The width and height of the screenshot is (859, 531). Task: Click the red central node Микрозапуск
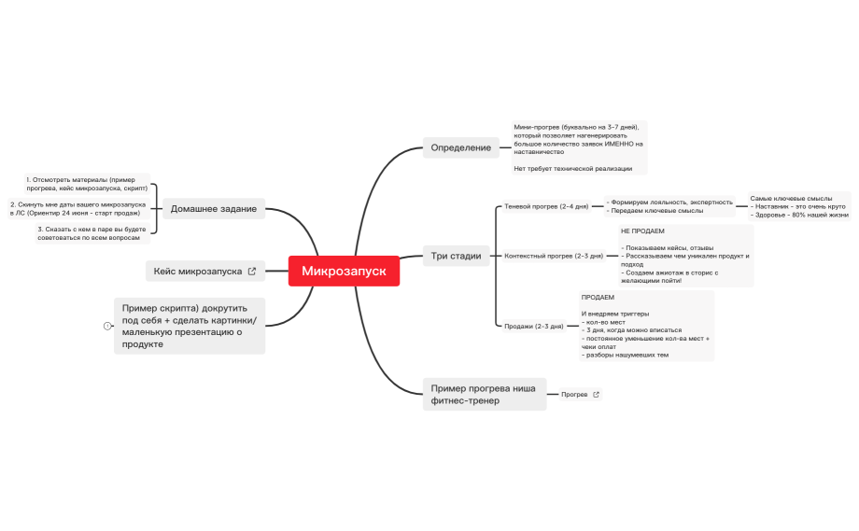344,271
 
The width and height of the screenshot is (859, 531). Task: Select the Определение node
460,147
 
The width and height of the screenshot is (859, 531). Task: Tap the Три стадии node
456,256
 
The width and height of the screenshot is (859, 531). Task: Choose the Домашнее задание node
214,208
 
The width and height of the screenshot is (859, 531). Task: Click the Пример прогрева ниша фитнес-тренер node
485,394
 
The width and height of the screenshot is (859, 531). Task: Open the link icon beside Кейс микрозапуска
252,271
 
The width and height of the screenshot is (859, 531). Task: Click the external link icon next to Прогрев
596,394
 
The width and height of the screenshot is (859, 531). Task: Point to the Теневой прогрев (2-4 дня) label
546,206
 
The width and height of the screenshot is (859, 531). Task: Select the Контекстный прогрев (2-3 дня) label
554,256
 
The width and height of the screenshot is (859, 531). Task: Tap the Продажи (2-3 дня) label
533,327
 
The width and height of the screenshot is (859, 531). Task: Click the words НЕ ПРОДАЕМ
642,231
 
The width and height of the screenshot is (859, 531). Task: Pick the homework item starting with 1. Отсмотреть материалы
87,184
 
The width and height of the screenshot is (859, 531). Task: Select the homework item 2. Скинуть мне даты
78,208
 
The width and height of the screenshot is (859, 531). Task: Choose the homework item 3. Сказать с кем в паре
92,233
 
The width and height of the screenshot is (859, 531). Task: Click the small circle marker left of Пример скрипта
107,326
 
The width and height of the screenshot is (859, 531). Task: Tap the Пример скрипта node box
190,326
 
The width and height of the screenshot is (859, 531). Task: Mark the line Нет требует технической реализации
573,169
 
